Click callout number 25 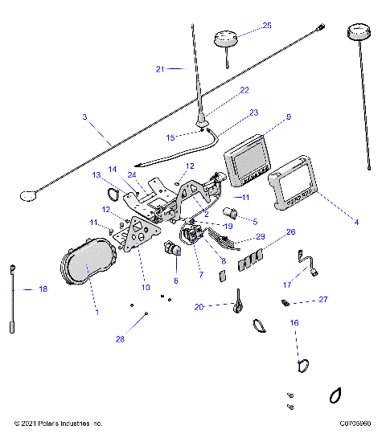[x=267, y=26]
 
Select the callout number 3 [x=84, y=117]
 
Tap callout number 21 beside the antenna [x=160, y=69]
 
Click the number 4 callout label [x=355, y=222]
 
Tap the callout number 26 [x=290, y=231]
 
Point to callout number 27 [x=323, y=299]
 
